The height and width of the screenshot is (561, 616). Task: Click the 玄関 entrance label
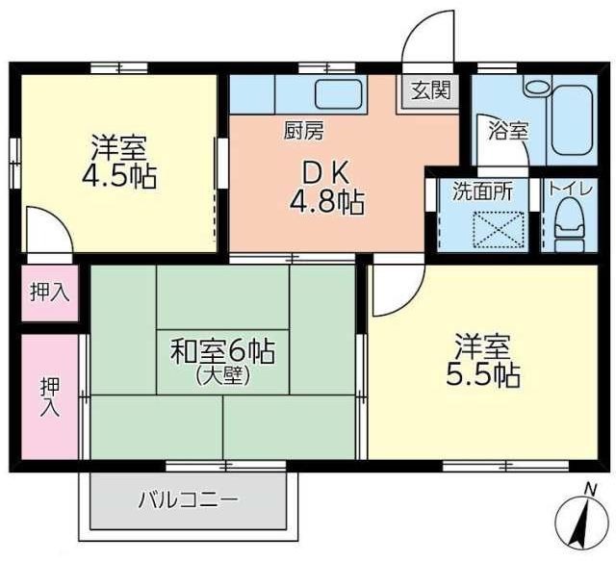click(x=430, y=91)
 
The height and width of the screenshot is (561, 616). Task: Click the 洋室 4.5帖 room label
click(x=118, y=163)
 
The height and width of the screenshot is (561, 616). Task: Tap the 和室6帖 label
click(x=223, y=352)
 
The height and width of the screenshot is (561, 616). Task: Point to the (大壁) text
click(x=222, y=375)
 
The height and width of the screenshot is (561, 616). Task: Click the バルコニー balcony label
click(x=188, y=500)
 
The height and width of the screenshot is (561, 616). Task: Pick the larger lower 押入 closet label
click(x=49, y=395)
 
